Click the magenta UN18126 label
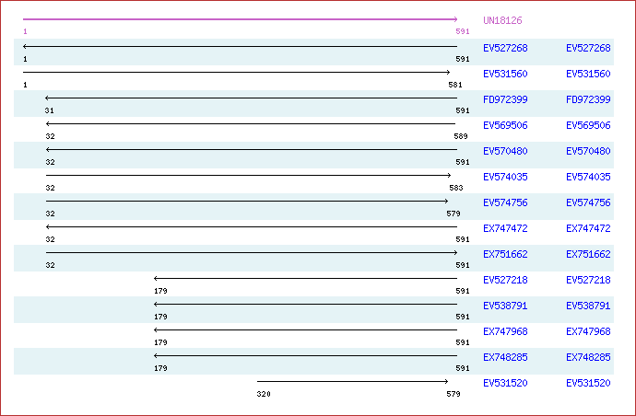(502, 20)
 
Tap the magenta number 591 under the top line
(463, 31)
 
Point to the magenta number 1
(25, 31)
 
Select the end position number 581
(455, 85)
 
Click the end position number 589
(461, 136)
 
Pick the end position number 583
(456, 188)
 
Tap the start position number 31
(50, 110)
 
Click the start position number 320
(264, 394)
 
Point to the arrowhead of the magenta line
(456, 19)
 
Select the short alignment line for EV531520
(352, 381)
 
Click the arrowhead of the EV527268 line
(25, 47)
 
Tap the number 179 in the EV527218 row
(160, 291)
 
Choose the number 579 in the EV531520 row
(453, 394)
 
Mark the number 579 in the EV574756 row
(453, 214)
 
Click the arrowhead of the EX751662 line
(456, 253)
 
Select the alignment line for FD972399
(251, 98)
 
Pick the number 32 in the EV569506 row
(51, 136)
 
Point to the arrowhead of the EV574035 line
(449, 176)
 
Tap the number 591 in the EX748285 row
(463, 368)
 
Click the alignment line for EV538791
(305, 305)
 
